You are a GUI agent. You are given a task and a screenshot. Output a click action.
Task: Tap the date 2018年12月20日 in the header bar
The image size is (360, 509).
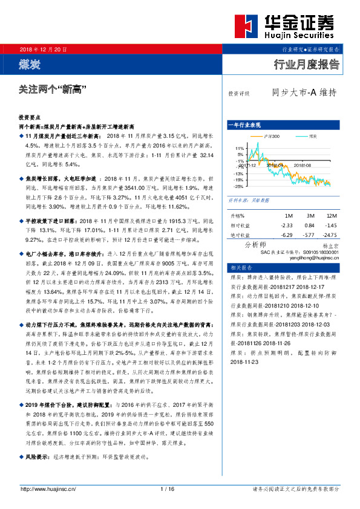coord(44,48)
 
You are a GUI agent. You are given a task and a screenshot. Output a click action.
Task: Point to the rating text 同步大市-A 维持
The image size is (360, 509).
coord(304,93)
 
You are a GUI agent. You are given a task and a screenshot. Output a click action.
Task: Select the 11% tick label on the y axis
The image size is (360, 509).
coord(239,148)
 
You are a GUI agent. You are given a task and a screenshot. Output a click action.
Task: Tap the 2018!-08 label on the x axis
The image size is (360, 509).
coord(302,164)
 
